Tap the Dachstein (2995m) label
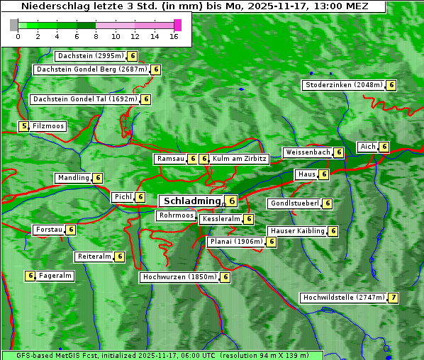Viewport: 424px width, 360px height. (90, 56)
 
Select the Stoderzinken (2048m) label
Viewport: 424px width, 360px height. (343, 85)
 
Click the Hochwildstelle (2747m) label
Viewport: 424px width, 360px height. (343, 298)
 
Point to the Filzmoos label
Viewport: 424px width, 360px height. (48, 126)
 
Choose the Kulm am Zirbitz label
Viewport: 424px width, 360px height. (240, 159)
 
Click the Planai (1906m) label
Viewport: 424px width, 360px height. (235, 242)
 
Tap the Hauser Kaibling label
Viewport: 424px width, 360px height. (296, 231)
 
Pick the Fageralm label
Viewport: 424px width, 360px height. (55, 276)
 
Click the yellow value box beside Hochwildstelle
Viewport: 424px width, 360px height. (393, 298)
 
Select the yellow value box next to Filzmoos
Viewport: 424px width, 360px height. (24, 126)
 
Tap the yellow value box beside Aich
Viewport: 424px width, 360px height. (384, 147)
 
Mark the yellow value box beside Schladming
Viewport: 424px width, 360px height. (231, 201)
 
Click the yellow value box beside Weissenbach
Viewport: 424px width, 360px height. (339, 152)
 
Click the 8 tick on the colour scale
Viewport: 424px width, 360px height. (96, 35)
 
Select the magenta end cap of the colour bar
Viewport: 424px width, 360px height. (177, 25)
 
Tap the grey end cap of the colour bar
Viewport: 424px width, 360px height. (14, 25)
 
